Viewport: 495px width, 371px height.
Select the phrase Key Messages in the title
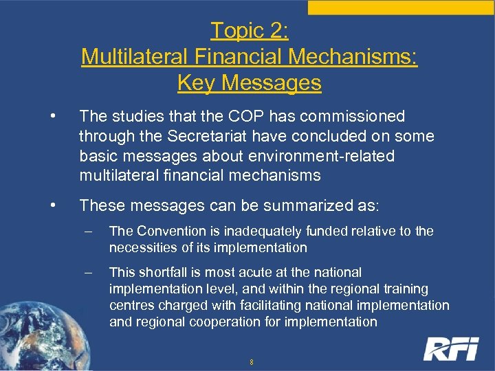[x=249, y=83]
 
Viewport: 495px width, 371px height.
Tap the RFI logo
[x=451, y=348]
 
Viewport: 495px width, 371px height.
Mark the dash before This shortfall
[x=89, y=272]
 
